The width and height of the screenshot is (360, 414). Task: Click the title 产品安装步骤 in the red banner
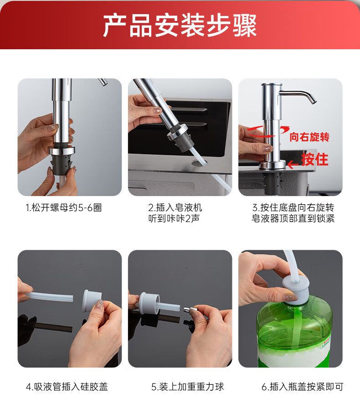(x=180, y=26)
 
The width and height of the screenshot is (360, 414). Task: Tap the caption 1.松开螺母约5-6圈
(x=64, y=207)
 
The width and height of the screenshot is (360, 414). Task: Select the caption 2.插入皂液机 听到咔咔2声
(x=175, y=213)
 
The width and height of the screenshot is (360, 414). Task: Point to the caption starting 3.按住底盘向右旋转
(x=293, y=213)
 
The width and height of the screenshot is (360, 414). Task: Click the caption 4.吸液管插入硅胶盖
(x=67, y=387)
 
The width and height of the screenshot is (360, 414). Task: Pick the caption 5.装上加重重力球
(x=187, y=387)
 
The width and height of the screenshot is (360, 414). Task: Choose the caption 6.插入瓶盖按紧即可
(x=303, y=387)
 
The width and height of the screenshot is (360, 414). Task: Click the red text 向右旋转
(x=309, y=137)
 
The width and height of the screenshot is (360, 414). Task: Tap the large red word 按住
(x=314, y=159)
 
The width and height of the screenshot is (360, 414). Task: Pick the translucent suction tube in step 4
(x=49, y=297)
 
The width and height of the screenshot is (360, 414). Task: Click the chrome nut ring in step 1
(x=62, y=151)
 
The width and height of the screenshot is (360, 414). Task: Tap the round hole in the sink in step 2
(x=199, y=163)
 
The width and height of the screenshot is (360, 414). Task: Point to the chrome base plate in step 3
(x=273, y=165)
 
